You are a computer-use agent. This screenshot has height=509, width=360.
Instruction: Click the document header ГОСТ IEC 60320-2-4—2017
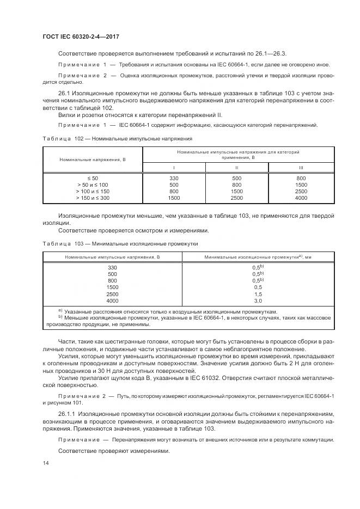coord(80,36)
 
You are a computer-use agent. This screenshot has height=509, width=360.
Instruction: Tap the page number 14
coord(45,462)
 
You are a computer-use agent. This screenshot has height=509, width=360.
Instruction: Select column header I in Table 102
coord(174,168)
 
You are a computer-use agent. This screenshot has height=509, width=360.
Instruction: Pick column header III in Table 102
coord(301,168)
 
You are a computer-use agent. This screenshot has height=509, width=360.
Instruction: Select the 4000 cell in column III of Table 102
coord(301,198)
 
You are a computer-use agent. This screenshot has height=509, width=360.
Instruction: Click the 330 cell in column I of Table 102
coord(174,179)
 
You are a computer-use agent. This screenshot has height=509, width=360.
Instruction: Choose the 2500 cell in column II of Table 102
coord(237,198)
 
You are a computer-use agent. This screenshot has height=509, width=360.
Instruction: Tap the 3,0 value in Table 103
coord(258,300)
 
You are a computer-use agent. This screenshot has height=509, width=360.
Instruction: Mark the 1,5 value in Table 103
coord(258,293)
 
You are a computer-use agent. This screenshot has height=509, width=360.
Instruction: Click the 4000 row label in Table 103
coord(112,300)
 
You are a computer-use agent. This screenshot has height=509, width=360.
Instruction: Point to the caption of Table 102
coord(117,139)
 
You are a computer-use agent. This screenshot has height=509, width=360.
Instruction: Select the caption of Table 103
coord(120,244)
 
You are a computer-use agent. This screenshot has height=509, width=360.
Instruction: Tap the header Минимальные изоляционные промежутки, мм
coord(258,256)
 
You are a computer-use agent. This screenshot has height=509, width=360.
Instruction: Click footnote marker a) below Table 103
coord(60,310)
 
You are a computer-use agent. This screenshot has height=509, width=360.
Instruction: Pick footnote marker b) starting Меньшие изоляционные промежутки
coord(60,317)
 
